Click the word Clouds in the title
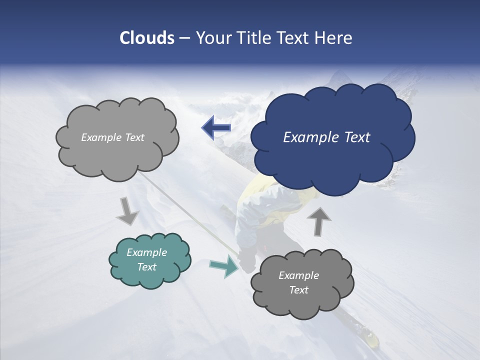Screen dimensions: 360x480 [x=146, y=38]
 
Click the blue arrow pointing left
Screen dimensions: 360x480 [x=216, y=128]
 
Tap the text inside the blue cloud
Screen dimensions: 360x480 [x=326, y=137]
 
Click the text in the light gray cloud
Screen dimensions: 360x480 [x=112, y=137]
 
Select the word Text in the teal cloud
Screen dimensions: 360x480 [x=147, y=267]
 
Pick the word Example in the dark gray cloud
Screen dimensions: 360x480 [x=298, y=275]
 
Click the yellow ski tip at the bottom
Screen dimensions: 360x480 [x=371, y=338]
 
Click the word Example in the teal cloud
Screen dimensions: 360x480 [x=147, y=252]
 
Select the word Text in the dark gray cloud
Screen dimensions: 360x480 [x=298, y=290]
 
